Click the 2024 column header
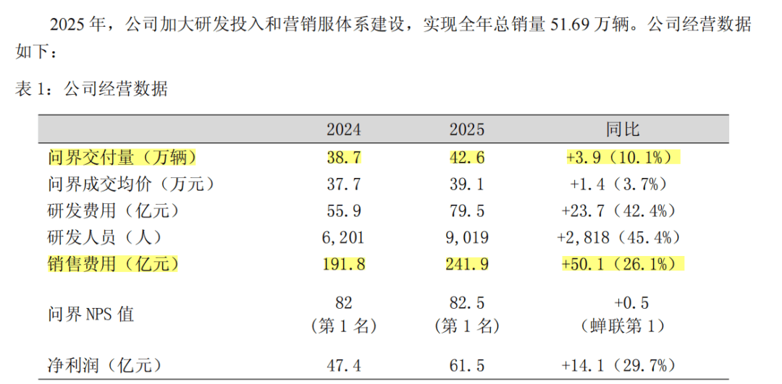(x=344, y=130)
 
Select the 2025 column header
(x=467, y=130)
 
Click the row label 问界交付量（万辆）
(x=122, y=158)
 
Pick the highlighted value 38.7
(x=344, y=158)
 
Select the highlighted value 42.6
(x=467, y=158)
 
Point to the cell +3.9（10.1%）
(x=623, y=158)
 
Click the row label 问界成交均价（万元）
(x=131, y=185)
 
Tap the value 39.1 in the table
(x=467, y=185)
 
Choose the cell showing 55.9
(x=344, y=211)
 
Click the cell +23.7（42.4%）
(x=619, y=211)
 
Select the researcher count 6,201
(x=344, y=238)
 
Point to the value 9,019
(x=467, y=238)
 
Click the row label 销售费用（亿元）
(x=113, y=264)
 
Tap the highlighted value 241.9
(x=467, y=264)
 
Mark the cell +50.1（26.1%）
(x=623, y=264)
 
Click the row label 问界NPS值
(x=91, y=315)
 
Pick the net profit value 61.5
(x=467, y=367)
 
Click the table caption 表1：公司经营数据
(x=91, y=90)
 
